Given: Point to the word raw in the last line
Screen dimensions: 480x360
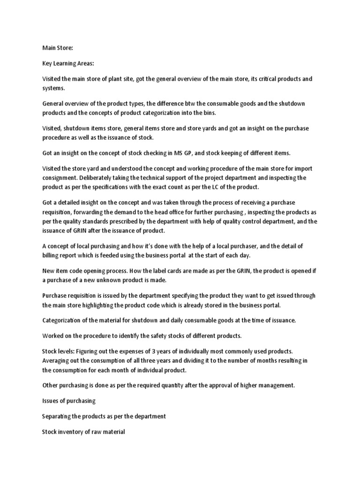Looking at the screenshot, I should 92,432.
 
